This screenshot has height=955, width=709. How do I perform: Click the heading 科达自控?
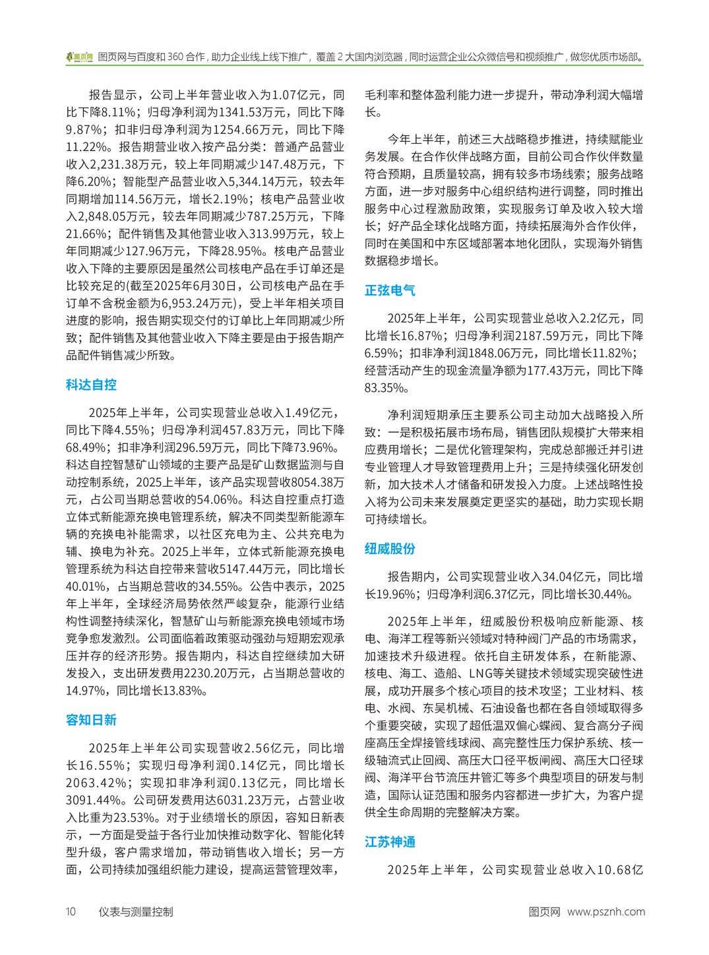pos(91,385)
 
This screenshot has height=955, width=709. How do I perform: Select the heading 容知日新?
pos(91,720)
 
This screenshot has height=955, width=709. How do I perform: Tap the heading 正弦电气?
pos(390,290)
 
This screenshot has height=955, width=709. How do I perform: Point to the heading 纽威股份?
pos(390,549)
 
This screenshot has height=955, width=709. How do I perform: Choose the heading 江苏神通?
pos(390,842)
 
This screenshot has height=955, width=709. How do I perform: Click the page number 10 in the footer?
pos(71,912)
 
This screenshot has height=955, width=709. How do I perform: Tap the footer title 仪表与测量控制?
pos(136,912)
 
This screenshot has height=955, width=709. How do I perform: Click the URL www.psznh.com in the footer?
pos(605,912)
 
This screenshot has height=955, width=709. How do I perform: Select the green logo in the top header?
pos(80,57)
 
